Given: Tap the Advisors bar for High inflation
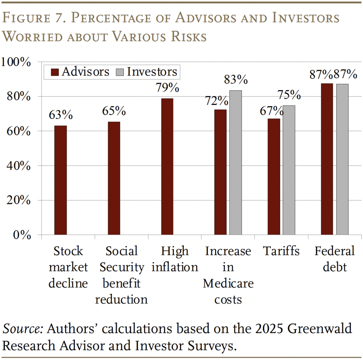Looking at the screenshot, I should (x=167, y=166).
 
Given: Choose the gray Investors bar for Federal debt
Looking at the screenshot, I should (x=342, y=159).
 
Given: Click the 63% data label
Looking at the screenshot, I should (x=61, y=115).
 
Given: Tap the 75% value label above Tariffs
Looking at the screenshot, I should (x=289, y=95).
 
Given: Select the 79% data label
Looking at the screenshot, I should (x=167, y=88).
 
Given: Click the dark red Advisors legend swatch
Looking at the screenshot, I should (x=55, y=72).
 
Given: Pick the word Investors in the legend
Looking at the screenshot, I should (x=152, y=72).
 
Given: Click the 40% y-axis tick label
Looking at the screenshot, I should (x=18, y=166).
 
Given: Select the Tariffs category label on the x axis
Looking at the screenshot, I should (x=281, y=251).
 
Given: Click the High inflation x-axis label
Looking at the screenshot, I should (x=175, y=259).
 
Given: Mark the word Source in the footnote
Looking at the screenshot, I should (x=23, y=328).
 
